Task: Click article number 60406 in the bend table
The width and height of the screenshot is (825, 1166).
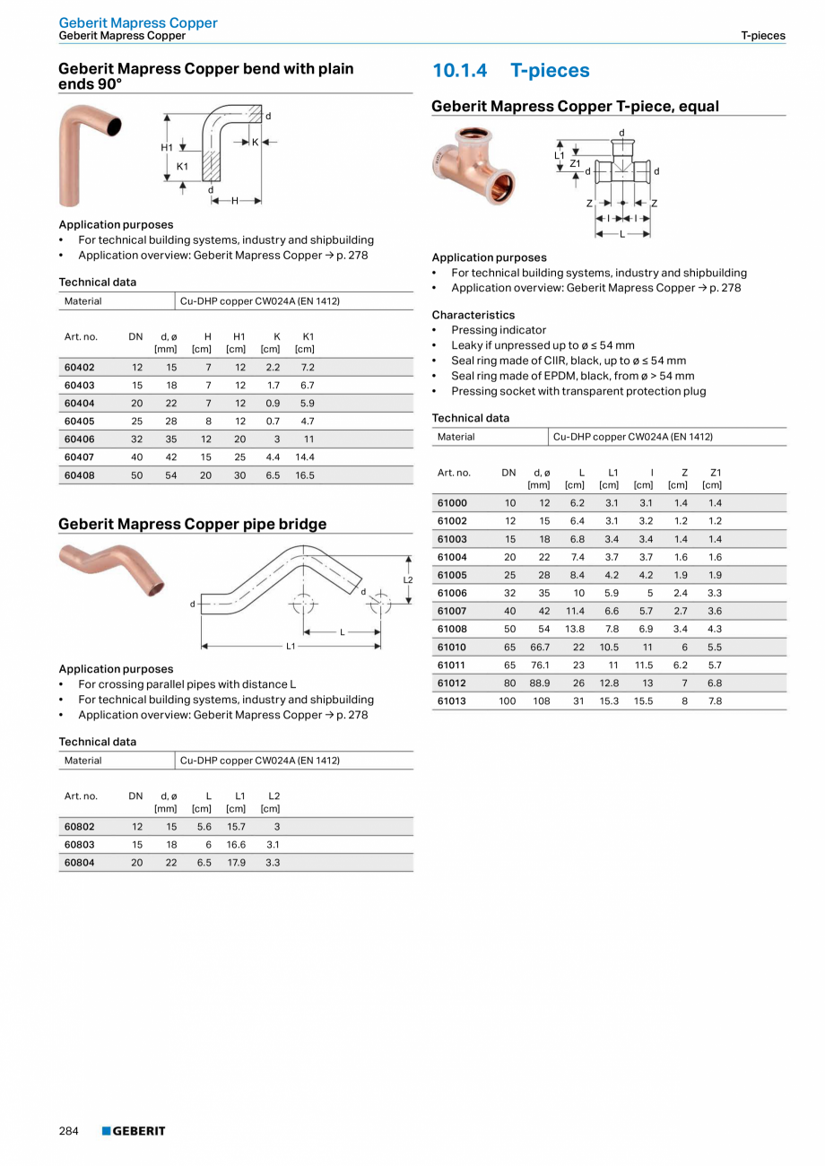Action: click(x=79, y=439)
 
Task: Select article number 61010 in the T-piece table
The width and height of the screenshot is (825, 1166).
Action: click(x=452, y=647)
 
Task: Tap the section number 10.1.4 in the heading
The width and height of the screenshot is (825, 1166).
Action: click(x=459, y=71)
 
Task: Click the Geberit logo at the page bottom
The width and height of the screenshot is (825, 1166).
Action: click(x=134, y=1131)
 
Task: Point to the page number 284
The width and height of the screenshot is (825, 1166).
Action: click(x=69, y=1131)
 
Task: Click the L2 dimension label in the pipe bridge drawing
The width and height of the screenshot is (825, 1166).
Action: click(x=408, y=579)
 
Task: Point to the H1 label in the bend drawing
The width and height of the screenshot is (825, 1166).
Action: click(x=167, y=147)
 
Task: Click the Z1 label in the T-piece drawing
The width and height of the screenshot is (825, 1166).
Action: click(x=575, y=162)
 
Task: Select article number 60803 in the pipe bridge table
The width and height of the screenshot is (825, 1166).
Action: click(x=79, y=844)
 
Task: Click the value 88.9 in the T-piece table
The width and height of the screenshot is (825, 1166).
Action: click(x=539, y=683)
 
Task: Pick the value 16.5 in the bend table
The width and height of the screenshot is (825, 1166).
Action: click(x=305, y=475)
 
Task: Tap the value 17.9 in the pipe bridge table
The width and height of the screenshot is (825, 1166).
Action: click(x=236, y=862)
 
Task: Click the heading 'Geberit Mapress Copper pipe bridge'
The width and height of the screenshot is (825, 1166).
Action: click(x=192, y=524)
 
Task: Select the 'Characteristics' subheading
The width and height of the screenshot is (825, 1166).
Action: click(x=473, y=315)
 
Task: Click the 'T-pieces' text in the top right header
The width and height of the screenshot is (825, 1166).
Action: click(x=762, y=36)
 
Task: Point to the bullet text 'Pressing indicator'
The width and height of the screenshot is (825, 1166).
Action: click(x=498, y=330)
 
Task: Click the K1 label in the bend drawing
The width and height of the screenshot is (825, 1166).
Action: click(x=182, y=167)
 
